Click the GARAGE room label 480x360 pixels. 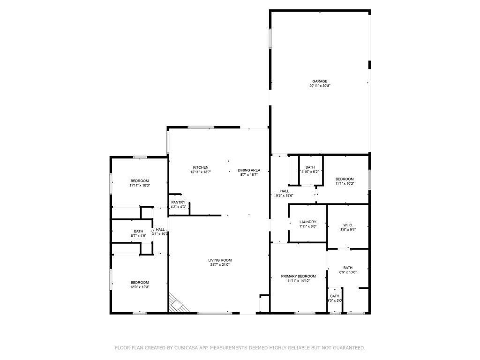pyautogui.click(x=320, y=81)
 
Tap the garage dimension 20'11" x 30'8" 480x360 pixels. pyautogui.click(x=320, y=86)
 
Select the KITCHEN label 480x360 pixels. pyautogui.click(x=201, y=167)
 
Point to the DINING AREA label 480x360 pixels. pyautogui.click(x=249, y=170)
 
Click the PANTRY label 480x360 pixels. pyautogui.click(x=178, y=202)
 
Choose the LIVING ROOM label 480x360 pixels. pyautogui.click(x=220, y=260)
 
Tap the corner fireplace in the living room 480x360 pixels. pyautogui.click(x=178, y=304)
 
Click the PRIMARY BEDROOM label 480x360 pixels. pyautogui.click(x=298, y=276)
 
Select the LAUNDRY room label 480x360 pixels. pyautogui.click(x=308, y=222)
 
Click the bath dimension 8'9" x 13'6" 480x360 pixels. pyautogui.click(x=348, y=272)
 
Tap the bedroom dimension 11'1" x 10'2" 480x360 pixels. pyautogui.click(x=345, y=184)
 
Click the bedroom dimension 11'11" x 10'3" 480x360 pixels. pyautogui.click(x=139, y=186)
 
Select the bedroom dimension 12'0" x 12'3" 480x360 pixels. pyautogui.click(x=139, y=287)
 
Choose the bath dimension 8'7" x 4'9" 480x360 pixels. pyautogui.click(x=138, y=236)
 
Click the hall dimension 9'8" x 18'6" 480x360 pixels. pyautogui.click(x=284, y=196)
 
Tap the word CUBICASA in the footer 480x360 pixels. pyautogui.click(x=187, y=348)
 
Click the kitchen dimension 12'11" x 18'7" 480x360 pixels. pyautogui.click(x=201, y=172)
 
